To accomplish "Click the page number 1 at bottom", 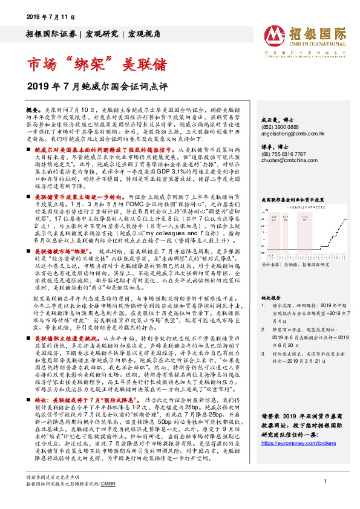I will click(x=326, y=496).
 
